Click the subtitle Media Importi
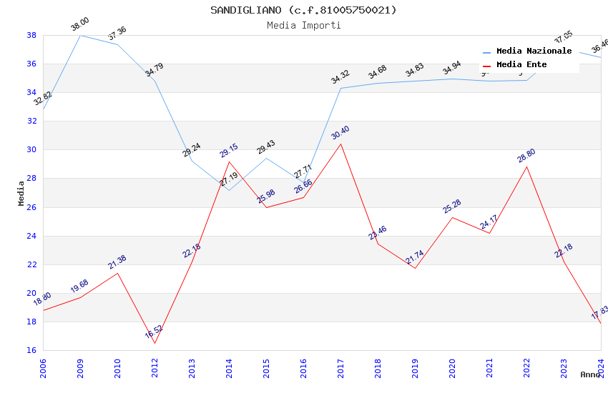click(x=303, y=25)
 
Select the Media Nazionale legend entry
click(x=534, y=51)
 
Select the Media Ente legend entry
click(x=521, y=64)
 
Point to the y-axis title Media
click(x=21, y=193)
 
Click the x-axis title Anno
click(x=590, y=374)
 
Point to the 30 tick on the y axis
click(x=31, y=150)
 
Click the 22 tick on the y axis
click(x=31, y=264)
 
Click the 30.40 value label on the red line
click(x=340, y=133)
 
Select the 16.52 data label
click(x=154, y=332)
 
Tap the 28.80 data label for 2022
click(x=526, y=156)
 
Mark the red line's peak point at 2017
click(x=340, y=144)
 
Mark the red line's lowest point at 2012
click(x=155, y=343)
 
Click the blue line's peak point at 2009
click(x=80, y=35)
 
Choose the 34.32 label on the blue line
click(x=340, y=77)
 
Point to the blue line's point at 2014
click(x=229, y=190)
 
